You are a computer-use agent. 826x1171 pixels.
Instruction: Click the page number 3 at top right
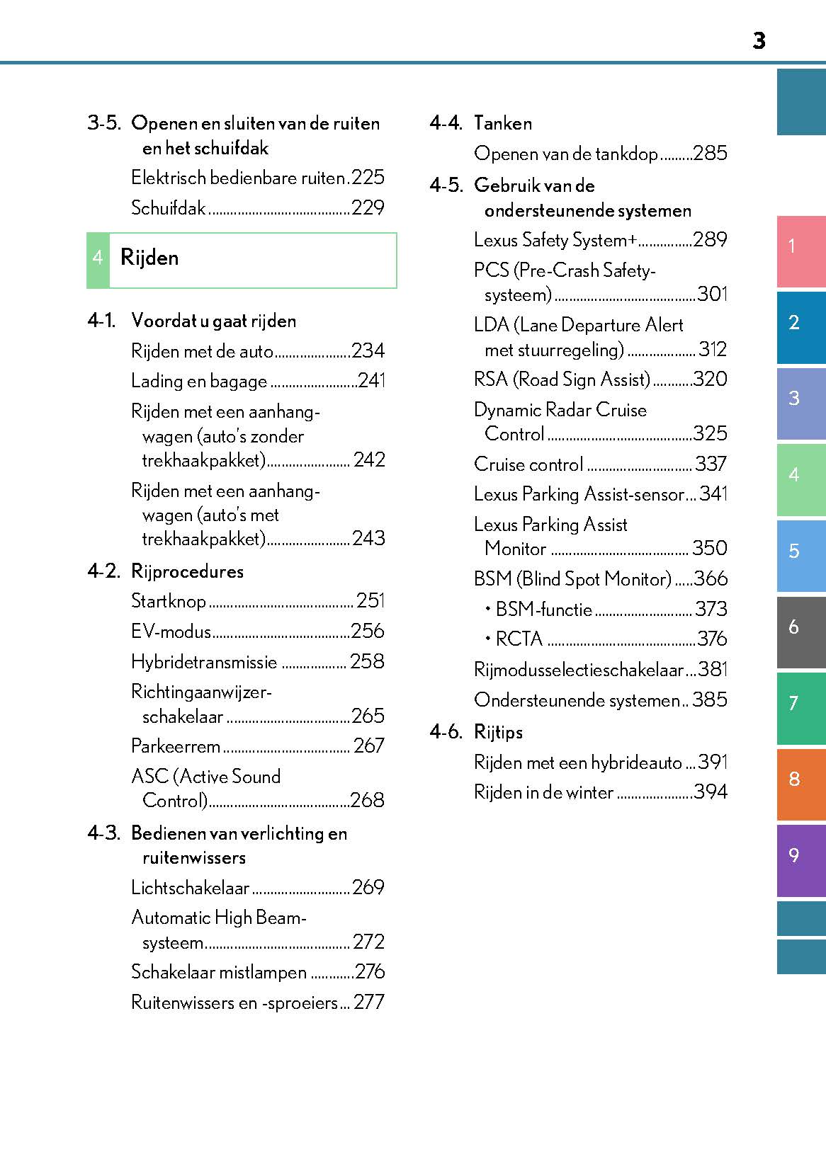pos(759,41)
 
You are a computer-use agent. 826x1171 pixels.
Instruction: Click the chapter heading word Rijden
pos(149,258)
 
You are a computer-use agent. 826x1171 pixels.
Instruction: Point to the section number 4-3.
pos(103,833)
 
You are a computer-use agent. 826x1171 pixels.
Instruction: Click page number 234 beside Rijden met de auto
pos(368,351)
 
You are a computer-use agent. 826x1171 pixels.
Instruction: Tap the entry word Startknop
pos(169,601)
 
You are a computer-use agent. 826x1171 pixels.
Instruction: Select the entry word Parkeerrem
pos(176,746)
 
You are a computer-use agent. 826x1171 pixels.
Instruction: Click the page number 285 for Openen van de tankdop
pos(710,154)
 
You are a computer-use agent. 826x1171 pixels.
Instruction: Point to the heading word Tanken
pos(503,123)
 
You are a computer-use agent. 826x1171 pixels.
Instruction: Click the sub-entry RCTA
pos(519,639)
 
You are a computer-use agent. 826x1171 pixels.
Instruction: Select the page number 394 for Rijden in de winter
pos(711,792)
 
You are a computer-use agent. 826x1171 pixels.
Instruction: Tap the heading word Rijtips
pos(498,732)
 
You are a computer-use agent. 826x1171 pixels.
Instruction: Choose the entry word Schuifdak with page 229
pos(169,208)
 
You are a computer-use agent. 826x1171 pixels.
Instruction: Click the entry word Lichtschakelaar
pos(191,888)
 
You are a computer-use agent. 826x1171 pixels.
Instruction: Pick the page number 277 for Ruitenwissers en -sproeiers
pos(369,1003)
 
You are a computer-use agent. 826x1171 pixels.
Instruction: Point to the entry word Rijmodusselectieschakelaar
pos(579,670)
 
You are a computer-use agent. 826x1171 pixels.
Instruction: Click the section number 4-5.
pos(446,185)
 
